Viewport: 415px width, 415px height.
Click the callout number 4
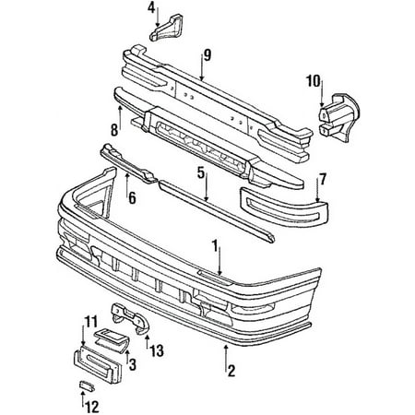[151, 8]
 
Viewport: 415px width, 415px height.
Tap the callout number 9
[207, 55]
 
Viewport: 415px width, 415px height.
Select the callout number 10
[313, 81]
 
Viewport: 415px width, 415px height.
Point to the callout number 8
[114, 130]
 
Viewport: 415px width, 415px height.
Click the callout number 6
[132, 198]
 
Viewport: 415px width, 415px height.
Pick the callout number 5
[201, 173]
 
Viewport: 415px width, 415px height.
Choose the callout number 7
[323, 179]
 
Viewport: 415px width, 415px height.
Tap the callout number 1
[215, 246]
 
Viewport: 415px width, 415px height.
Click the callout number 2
[231, 371]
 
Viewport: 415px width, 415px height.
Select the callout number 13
[157, 350]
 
